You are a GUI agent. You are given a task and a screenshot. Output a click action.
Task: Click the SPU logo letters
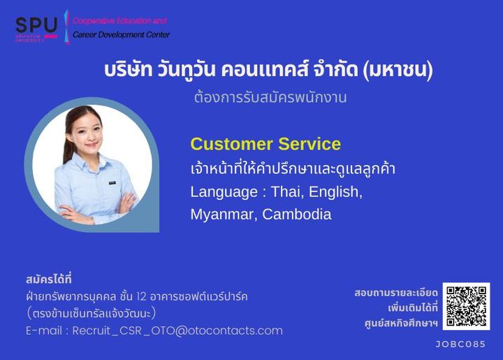point(36,25)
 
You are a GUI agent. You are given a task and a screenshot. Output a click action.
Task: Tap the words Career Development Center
point(122,35)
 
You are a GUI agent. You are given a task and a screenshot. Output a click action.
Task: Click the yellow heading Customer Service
point(265,144)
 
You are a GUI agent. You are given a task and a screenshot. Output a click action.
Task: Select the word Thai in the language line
point(287,192)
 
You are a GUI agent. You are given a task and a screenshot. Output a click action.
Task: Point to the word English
point(335,192)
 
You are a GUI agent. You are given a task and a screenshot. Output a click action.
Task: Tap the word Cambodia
point(297,215)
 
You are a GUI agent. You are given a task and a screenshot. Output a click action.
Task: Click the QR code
point(466,306)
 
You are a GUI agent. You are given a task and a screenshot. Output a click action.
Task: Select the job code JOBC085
point(460,345)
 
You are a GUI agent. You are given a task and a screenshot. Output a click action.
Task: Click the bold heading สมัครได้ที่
point(49,279)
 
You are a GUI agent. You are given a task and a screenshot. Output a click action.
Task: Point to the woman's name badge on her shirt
point(112,183)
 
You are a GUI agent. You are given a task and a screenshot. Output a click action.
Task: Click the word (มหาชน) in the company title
point(398,70)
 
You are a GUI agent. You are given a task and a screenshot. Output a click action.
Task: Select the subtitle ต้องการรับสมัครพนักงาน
point(270,98)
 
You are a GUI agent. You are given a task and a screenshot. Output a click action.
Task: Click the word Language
point(224,192)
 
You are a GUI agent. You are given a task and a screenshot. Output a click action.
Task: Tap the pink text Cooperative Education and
point(119,21)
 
